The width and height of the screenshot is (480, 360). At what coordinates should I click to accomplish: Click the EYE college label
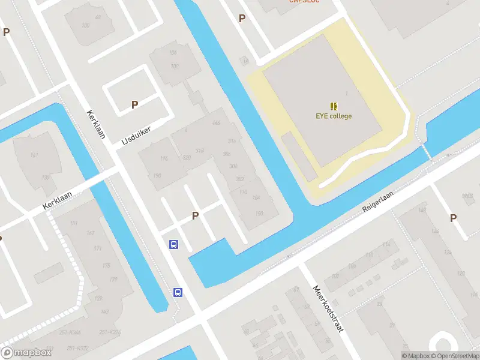[334, 116]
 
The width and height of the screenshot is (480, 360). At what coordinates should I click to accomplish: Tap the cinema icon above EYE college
[334, 106]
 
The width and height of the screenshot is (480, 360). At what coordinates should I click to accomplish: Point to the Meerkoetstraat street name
[326, 310]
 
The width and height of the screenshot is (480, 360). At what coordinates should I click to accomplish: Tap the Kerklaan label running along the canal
[95, 124]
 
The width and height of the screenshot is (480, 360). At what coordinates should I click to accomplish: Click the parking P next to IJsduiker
[135, 105]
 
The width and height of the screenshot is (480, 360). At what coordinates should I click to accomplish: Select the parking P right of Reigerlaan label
[453, 218]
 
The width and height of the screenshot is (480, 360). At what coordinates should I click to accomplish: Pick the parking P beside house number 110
[195, 216]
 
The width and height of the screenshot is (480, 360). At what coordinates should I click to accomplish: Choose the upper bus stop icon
[173, 244]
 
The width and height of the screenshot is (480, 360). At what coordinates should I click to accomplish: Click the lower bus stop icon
[178, 292]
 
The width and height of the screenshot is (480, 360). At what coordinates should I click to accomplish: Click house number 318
[200, 151]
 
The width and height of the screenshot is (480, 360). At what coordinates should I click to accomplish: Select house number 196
[164, 158]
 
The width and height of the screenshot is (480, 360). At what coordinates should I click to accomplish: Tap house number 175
[106, 266]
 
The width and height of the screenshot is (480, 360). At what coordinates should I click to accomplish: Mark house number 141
[34, 155]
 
